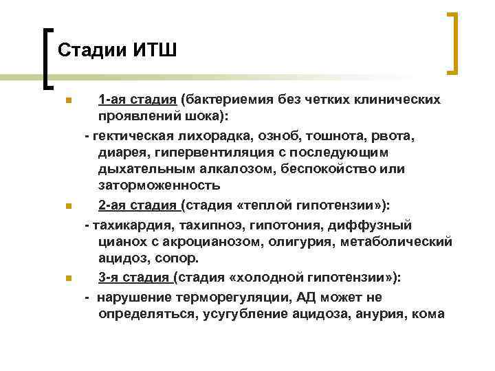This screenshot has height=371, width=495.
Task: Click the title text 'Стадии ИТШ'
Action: click(118, 50)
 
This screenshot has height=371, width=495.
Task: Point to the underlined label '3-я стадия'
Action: click(134, 278)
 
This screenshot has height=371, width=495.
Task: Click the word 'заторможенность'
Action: click(159, 185)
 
